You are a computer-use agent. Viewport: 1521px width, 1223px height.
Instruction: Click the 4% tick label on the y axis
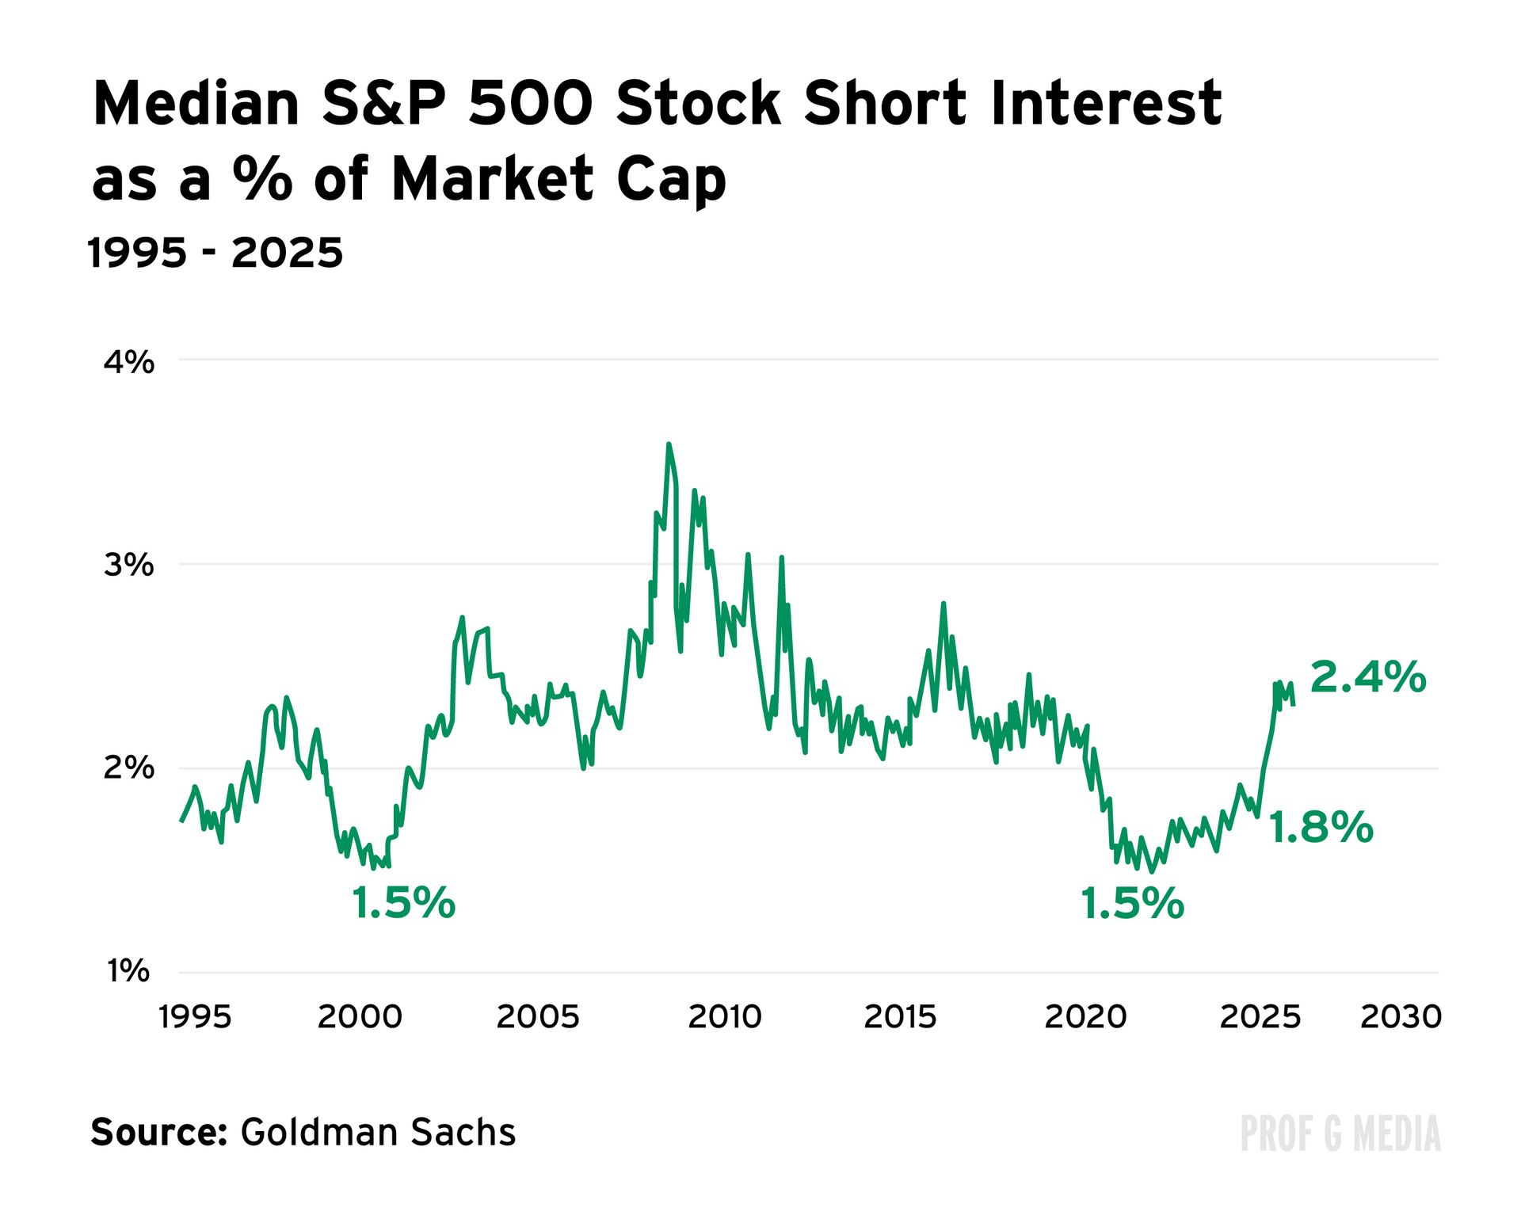click(129, 363)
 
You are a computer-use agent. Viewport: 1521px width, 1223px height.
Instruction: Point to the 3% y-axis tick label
click(129, 566)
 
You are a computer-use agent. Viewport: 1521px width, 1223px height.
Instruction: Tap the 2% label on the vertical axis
click(129, 768)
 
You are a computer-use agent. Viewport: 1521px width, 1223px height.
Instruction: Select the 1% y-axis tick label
click(129, 970)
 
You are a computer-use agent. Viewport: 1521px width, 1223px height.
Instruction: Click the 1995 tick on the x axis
click(195, 1017)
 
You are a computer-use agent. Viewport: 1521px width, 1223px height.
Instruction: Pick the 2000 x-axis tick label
click(360, 1017)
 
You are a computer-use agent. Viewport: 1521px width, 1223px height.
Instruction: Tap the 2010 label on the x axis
click(724, 1017)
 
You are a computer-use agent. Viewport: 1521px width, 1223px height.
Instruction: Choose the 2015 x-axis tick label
click(900, 1017)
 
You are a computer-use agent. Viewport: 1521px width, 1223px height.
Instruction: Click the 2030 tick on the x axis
click(1401, 1017)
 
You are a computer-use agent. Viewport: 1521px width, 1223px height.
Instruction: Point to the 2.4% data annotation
click(1368, 678)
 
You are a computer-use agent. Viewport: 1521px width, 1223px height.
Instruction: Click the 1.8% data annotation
click(1321, 828)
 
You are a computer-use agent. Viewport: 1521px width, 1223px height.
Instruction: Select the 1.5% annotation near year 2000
click(404, 903)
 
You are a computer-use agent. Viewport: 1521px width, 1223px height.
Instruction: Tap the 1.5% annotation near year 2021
click(1133, 903)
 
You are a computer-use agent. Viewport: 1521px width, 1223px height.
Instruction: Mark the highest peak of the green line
click(669, 444)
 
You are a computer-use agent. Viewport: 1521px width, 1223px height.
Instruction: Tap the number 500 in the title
click(530, 104)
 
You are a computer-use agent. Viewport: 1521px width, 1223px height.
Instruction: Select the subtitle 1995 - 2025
click(215, 253)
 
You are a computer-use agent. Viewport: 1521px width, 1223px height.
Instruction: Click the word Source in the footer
click(159, 1132)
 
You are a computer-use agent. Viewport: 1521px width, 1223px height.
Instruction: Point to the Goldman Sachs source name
click(378, 1132)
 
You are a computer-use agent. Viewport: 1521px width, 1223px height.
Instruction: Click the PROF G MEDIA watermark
click(1340, 1133)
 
